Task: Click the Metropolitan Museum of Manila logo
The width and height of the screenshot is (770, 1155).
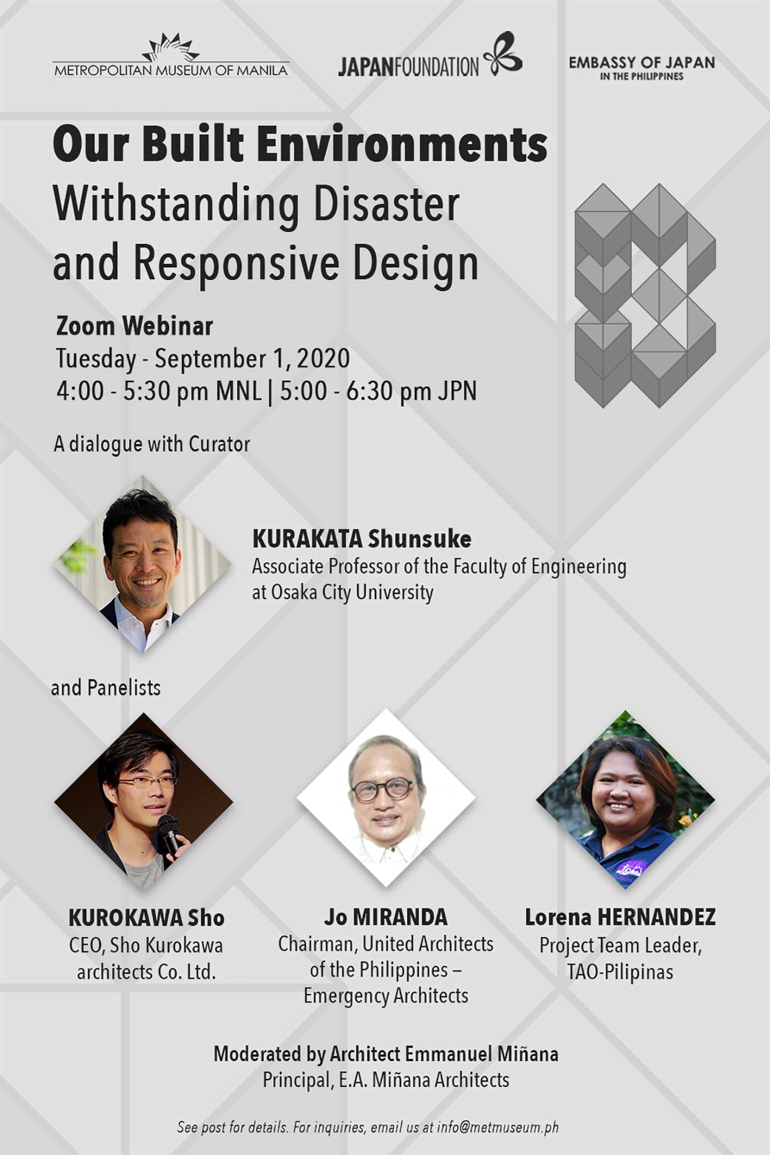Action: tap(171, 56)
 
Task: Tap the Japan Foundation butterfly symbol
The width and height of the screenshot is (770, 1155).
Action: tap(503, 53)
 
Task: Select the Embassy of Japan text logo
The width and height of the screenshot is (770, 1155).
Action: tap(642, 68)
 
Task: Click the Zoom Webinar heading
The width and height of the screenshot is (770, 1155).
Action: tap(135, 326)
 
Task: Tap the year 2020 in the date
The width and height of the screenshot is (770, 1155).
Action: tap(324, 358)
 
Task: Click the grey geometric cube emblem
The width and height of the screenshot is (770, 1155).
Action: tap(645, 296)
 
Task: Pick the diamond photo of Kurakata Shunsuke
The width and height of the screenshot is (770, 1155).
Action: tap(143, 564)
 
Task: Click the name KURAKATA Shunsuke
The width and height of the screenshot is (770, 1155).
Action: tap(362, 539)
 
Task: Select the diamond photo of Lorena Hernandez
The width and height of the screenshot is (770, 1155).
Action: tap(626, 800)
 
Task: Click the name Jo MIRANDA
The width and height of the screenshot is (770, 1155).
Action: tap(386, 917)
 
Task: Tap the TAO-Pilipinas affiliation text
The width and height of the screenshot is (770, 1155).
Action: tap(620, 972)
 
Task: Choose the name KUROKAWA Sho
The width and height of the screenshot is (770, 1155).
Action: tap(146, 918)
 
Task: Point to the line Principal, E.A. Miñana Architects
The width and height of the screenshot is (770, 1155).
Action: tap(386, 1080)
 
